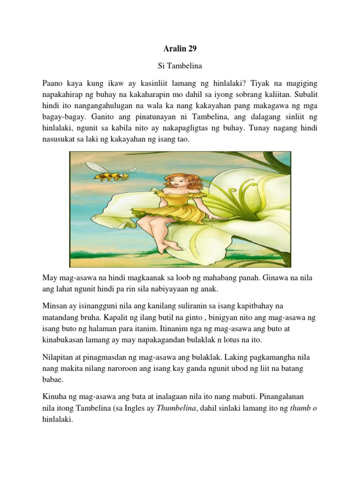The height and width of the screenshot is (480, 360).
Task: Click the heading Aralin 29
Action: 180,49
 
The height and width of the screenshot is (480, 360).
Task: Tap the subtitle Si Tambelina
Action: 180,67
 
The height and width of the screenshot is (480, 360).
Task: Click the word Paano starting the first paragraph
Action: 53,84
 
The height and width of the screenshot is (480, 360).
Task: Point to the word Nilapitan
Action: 59,358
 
